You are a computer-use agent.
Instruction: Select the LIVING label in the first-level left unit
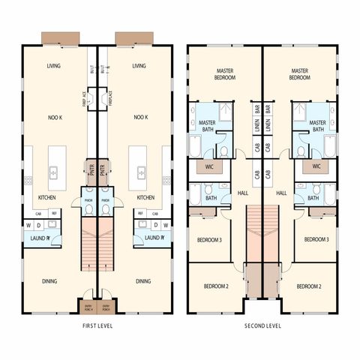[x=53, y=66]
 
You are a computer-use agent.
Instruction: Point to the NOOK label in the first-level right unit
[x=139, y=118]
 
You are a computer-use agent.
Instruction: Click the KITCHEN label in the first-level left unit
[x=46, y=198]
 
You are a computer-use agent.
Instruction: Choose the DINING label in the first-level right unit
[x=143, y=281]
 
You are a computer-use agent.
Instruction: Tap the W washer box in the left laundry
[x=28, y=224]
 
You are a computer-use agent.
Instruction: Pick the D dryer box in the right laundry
[x=154, y=224]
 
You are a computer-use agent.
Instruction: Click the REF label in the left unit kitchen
[x=53, y=213]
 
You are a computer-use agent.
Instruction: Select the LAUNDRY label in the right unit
[x=154, y=238]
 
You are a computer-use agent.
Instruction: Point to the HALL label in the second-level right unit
[x=282, y=193]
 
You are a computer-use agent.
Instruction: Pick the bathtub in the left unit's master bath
[x=194, y=146]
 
